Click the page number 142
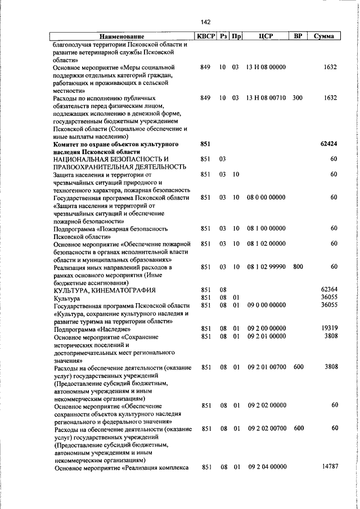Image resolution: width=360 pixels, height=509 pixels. tap(205, 22)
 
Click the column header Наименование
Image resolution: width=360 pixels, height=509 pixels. tap(122, 37)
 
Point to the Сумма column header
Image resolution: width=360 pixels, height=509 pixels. tap(324, 37)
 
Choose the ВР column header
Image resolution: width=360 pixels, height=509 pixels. tap(298, 37)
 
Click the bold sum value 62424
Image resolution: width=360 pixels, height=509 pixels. tap(328, 144)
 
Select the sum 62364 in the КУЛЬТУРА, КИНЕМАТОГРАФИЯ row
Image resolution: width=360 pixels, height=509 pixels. tap(328, 290)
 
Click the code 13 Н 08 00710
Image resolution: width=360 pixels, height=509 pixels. tap(266, 98)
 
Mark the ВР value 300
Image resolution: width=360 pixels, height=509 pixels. tap(298, 98)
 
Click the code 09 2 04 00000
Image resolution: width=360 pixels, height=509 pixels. tap(267, 467)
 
